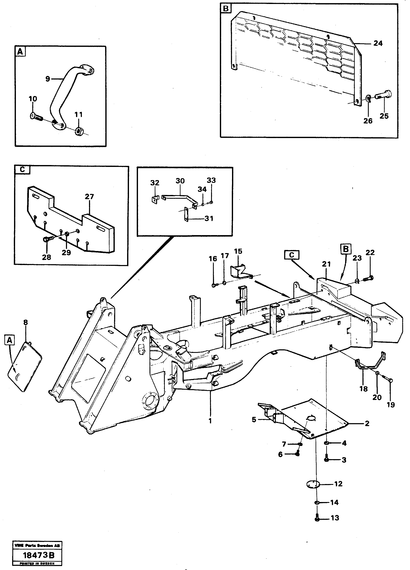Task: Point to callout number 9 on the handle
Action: coord(48,79)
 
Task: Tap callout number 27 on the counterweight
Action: coord(89,197)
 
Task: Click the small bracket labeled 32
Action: coord(155,200)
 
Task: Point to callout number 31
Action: coord(209,218)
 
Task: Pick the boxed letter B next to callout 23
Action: coord(346,249)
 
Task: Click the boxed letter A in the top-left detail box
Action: coord(20,52)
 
